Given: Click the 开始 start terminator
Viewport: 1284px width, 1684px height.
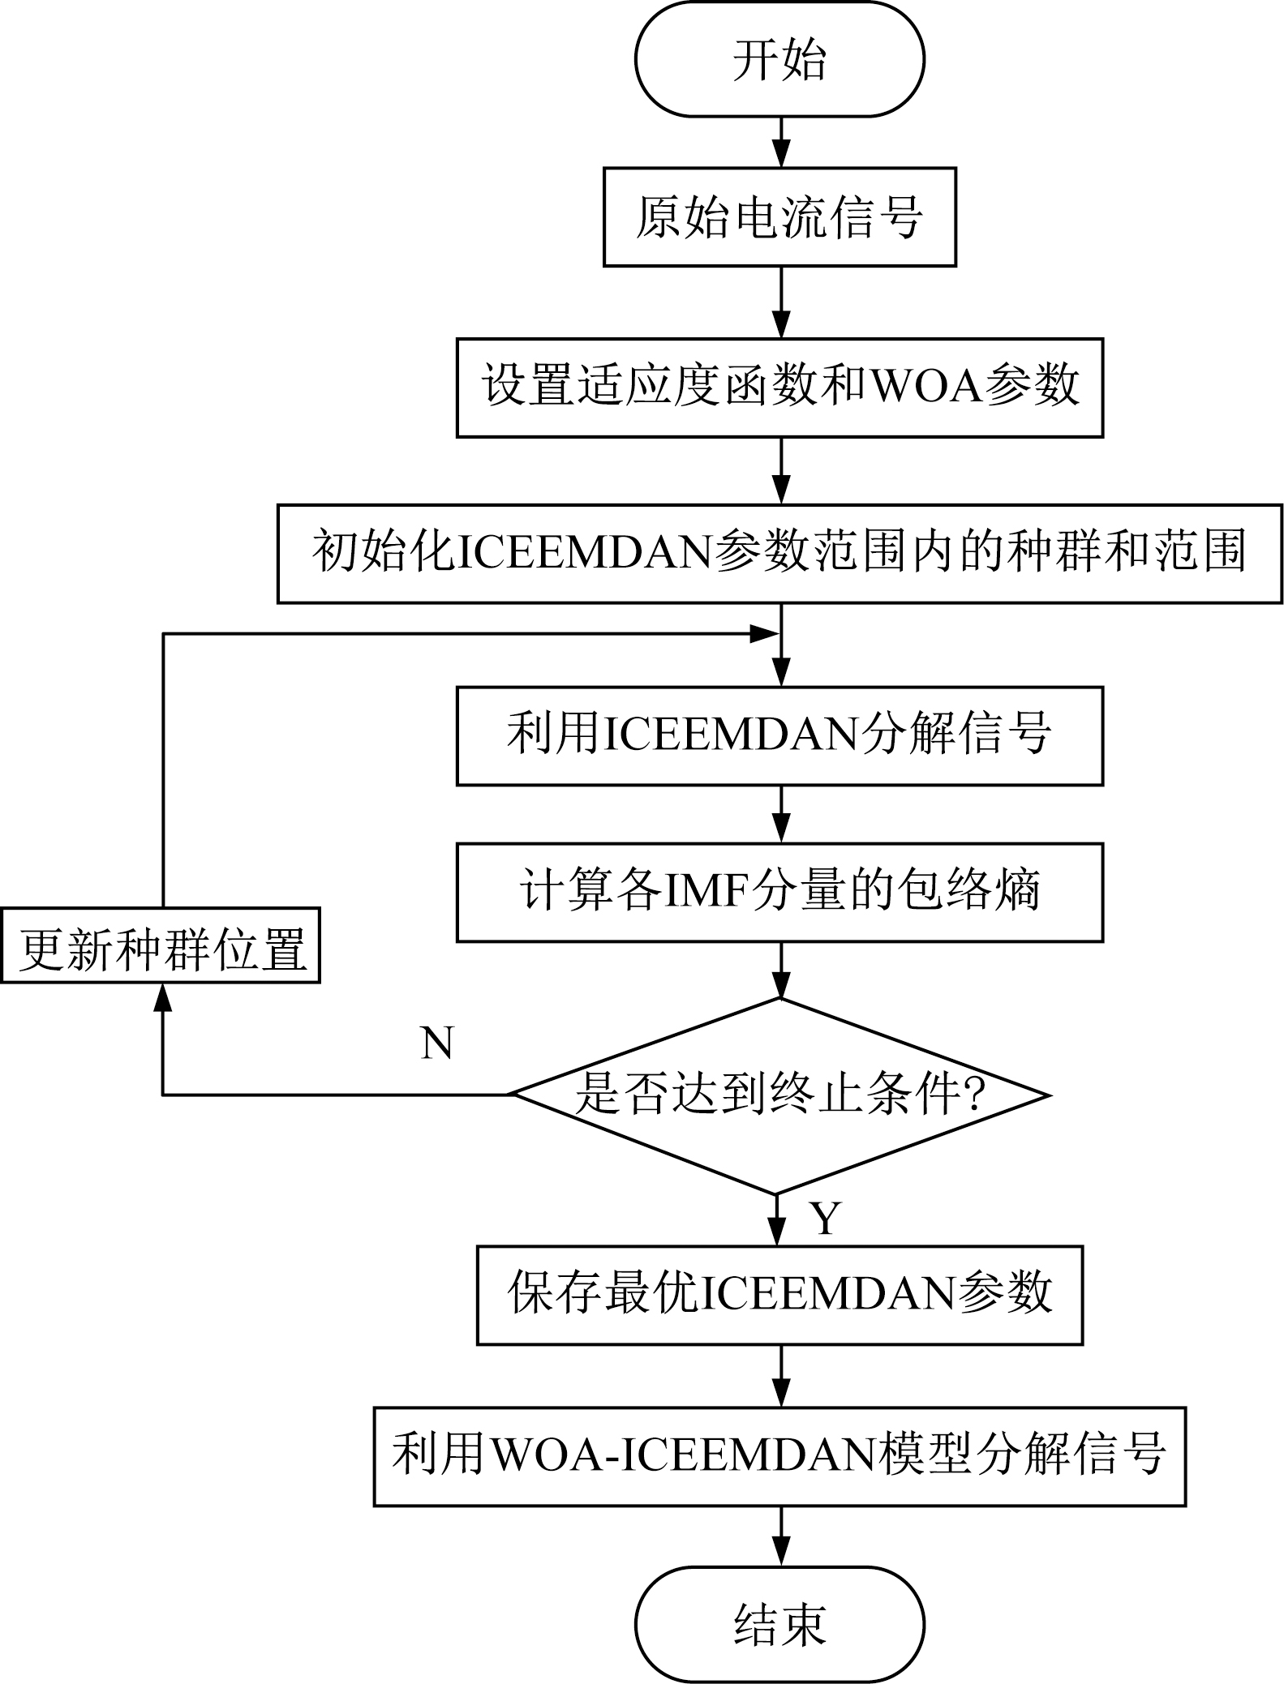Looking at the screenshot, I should pos(779,59).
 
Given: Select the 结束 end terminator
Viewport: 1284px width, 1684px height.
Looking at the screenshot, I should pos(779,1624).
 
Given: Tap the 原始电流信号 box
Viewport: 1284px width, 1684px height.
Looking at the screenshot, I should pos(779,217).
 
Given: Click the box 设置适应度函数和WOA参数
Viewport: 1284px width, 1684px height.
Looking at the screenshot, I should pos(779,388).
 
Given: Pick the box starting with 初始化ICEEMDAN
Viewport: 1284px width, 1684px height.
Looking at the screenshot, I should pos(779,554).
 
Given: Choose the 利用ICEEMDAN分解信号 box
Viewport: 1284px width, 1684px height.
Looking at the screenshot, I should pos(779,736).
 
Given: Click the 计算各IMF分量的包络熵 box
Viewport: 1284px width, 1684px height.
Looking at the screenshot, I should pos(779,893).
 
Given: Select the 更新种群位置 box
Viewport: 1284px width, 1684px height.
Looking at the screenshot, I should pos(161,945).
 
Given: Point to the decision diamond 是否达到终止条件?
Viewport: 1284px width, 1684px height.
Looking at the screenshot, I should pos(779,1095).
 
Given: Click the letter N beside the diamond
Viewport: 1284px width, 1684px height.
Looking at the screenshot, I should pos(436,1043).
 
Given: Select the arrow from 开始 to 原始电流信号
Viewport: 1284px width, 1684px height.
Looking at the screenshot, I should pos(780,143).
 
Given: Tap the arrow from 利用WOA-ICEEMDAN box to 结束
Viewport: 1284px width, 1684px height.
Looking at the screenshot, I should pos(780,1536).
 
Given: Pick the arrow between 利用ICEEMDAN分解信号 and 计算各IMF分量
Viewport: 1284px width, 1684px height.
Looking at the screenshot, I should pos(780,815).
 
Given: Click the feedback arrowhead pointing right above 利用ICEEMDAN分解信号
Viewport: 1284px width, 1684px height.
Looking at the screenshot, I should pos(762,634).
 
